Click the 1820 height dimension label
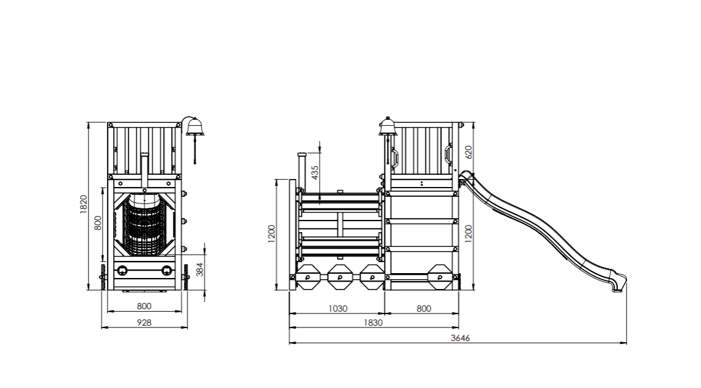click(84, 204)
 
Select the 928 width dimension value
click(144, 322)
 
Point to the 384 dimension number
click(199, 269)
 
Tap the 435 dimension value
click(315, 172)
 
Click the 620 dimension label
click(469, 152)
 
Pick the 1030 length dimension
click(337, 309)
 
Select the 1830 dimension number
click(373, 323)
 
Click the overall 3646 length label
click(460, 338)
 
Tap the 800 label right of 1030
click(424, 309)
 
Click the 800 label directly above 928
click(144, 306)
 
